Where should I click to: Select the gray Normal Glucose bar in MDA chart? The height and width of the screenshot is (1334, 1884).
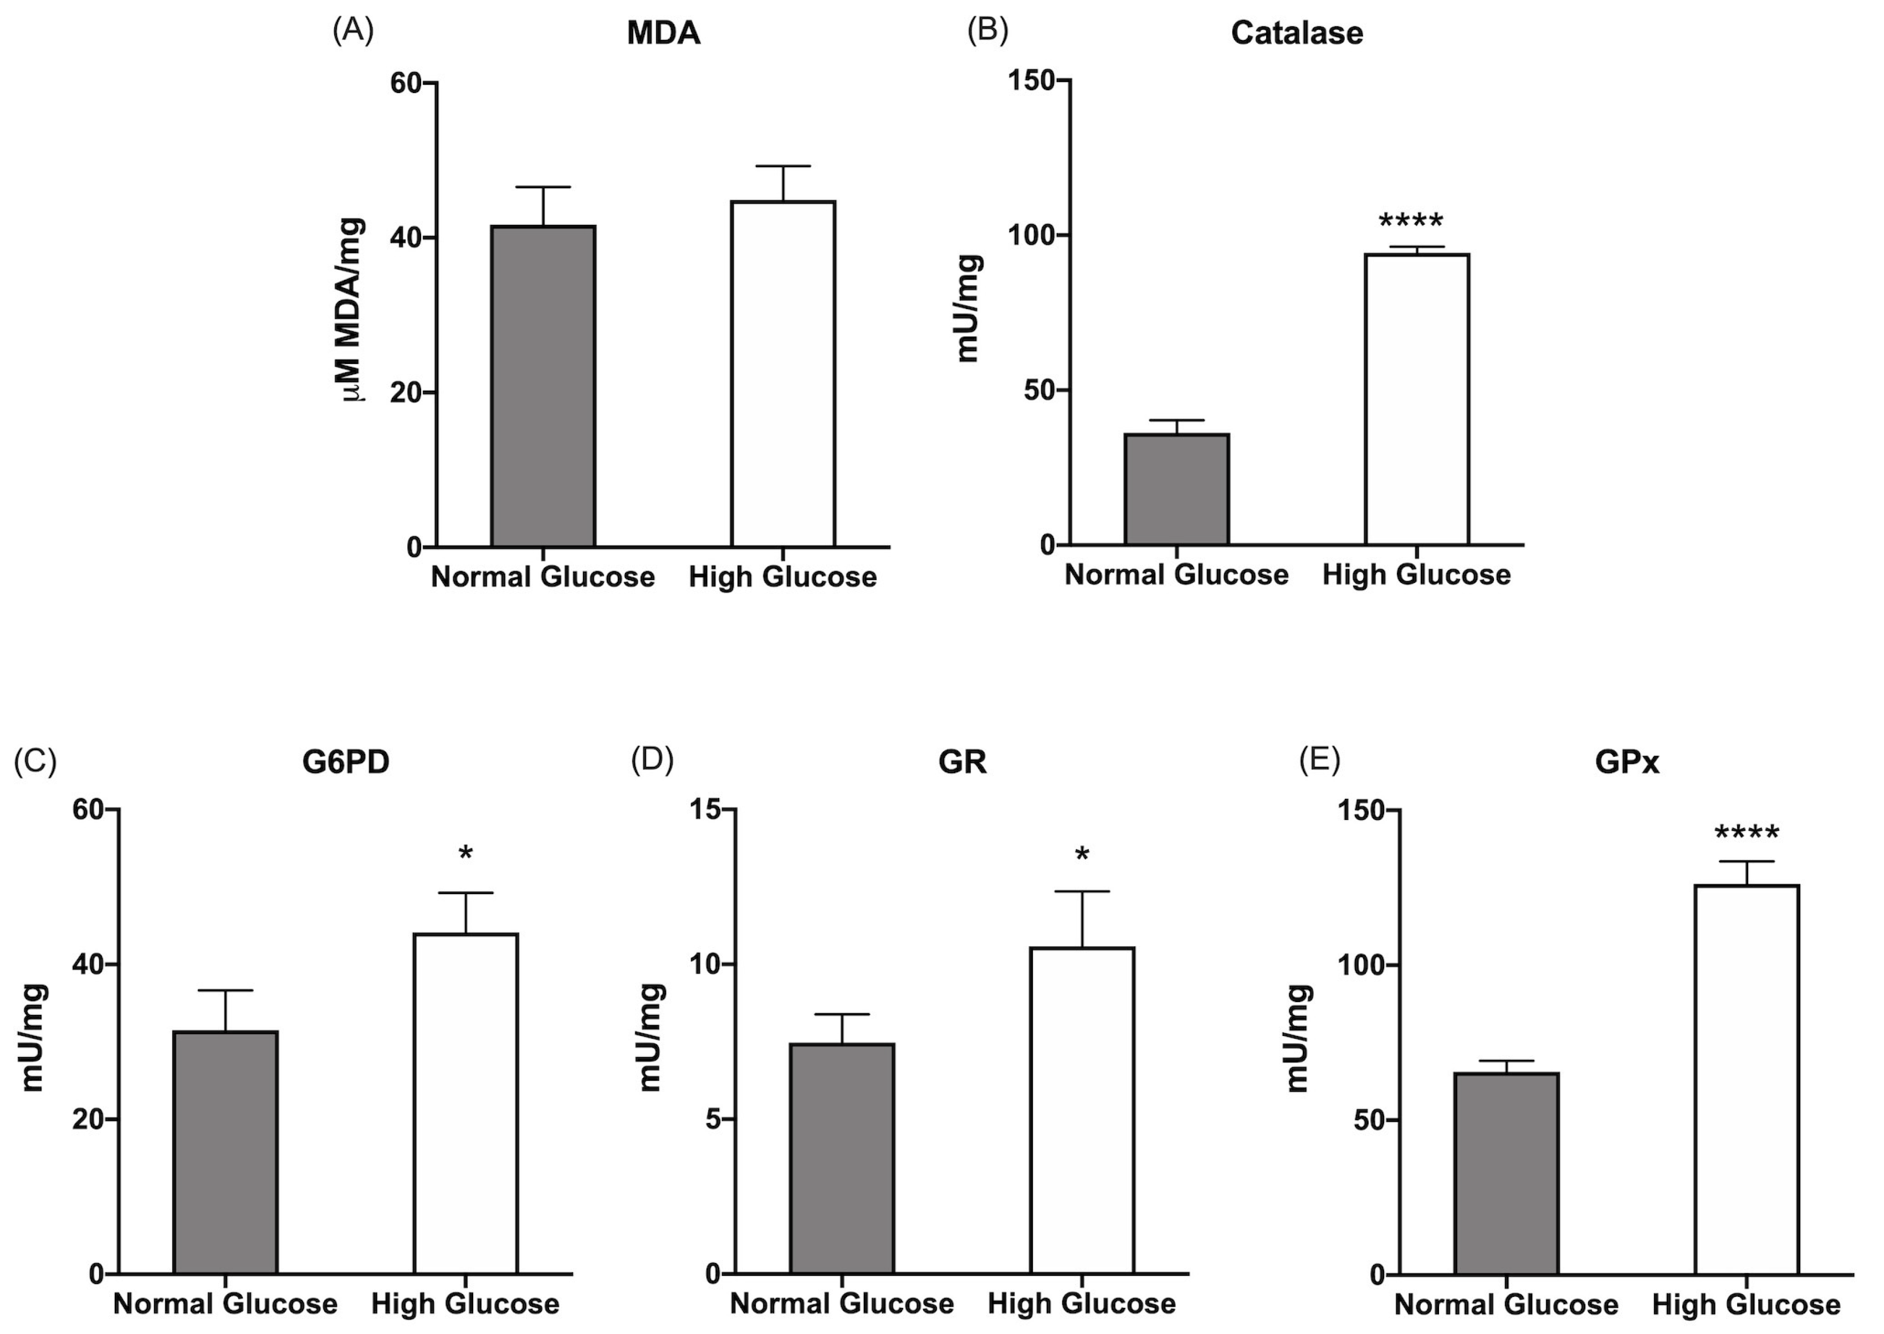pos(543,386)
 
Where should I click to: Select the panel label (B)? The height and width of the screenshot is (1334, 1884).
pos(987,30)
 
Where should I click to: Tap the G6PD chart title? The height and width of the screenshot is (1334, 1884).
pos(346,763)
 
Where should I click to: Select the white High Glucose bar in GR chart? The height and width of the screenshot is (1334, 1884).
pos(1082,1110)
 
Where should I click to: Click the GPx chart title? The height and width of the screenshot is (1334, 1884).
pos(1627,763)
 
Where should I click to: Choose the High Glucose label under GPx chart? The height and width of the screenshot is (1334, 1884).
pos(1746,1305)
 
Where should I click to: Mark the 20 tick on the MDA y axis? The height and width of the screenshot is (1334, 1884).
pos(407,393)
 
